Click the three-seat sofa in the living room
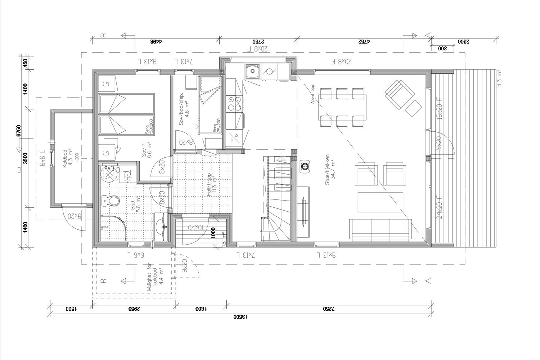(x=381, y=229)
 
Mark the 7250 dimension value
(x=329, y=309)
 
